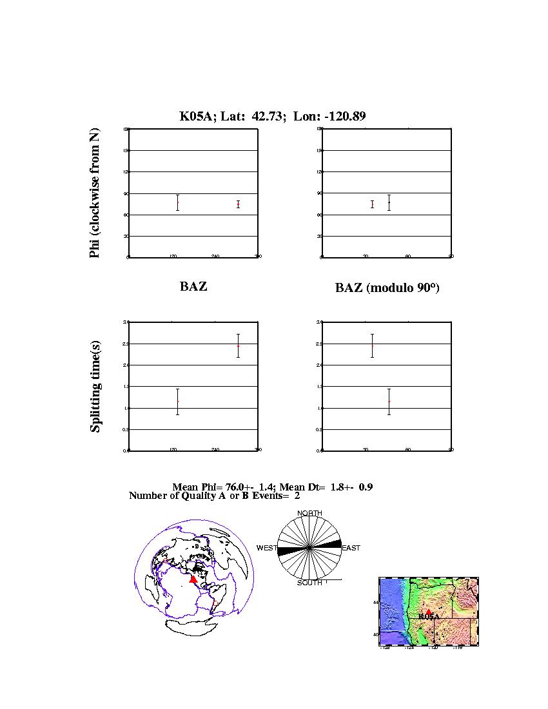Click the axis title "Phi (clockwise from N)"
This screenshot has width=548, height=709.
pos(95,193)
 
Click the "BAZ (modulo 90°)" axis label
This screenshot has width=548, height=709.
pos(387,288)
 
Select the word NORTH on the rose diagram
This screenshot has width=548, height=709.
pos(309,513)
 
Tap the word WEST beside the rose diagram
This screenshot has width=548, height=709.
pos(267,548)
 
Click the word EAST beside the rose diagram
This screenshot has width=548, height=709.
pos(351,548)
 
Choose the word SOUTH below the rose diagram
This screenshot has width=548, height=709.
pos(309,583)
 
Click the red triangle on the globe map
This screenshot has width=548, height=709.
pos(193,579)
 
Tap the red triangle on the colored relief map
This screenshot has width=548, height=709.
pos(428,611)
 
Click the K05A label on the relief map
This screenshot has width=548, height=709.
pos(429,617)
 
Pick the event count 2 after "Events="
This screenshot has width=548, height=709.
pos(297,496)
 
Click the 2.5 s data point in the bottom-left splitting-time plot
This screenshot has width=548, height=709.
pos(239,345)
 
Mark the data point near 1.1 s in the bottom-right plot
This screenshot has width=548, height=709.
pos(389,402)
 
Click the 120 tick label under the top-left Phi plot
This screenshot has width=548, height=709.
pos(173,257)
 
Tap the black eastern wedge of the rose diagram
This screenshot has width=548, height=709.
pos(330,545)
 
